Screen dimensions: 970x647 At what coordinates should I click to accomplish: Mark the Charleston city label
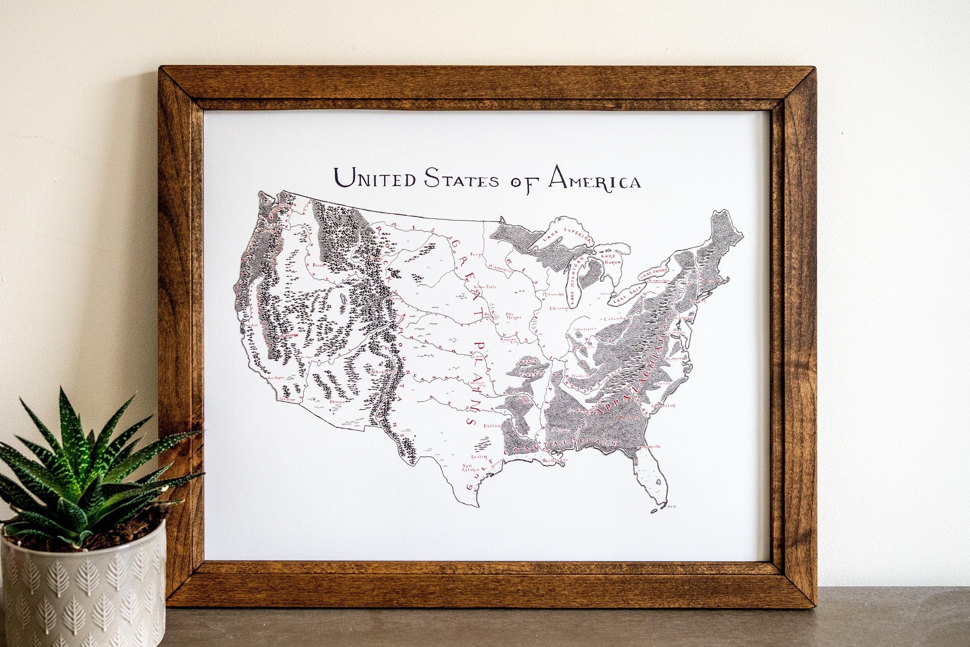pyautogui.click(x=663, y=406)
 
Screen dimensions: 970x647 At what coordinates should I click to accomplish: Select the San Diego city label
pyautogui.click(x=287, y=399)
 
